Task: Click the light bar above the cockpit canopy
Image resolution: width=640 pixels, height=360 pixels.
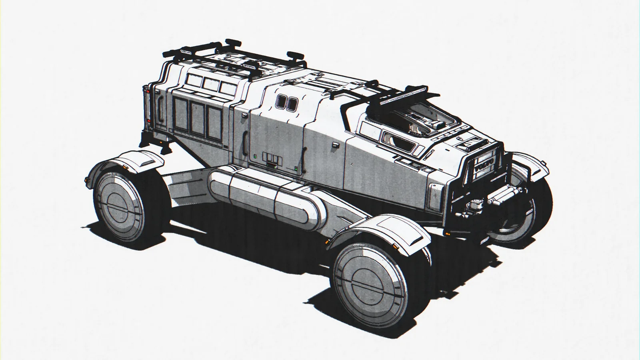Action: click(404, 97)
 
